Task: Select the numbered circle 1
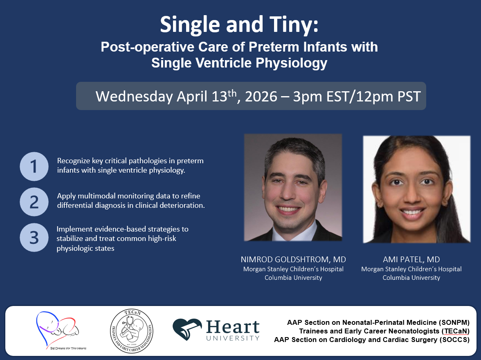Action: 34,166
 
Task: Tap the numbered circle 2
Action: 34,202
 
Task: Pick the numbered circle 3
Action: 34,238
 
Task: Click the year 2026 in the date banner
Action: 261,97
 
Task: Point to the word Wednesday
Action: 134,97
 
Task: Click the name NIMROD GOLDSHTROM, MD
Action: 293,260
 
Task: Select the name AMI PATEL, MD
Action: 411,260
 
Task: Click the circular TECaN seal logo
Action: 132,331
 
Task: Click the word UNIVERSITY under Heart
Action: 233,338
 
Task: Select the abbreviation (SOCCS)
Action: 455,340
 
